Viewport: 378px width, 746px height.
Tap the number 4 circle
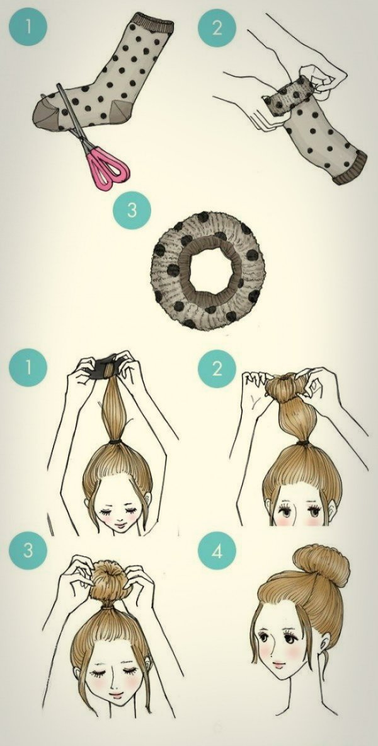pyautogui.click(x=217, y=551)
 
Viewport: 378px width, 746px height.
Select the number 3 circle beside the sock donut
pyautogui.click(x=132, y=210)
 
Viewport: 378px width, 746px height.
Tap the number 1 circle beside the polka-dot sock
pyautogui.click(x=28, y=26)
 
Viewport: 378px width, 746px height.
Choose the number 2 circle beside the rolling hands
pyautogui.click(x=217, y=28)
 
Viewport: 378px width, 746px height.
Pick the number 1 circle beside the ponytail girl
pyautogui.click(x=28, y=367)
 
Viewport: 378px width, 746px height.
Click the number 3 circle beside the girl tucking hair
pyautogui.click(x=28, y=550)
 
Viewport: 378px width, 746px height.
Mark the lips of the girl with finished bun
pyautogui.click(x=279, y=663)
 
